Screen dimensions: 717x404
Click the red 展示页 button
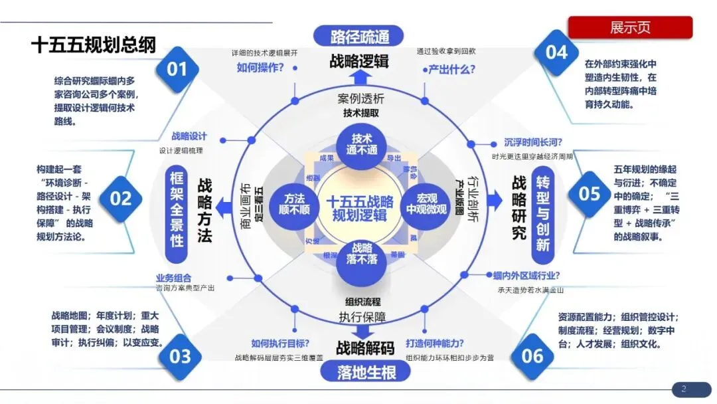[x=629, y=28]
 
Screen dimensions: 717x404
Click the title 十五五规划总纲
[x=94, y=45]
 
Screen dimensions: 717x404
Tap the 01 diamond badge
[x=177, y=68]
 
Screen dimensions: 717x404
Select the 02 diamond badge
[x=121, y=198]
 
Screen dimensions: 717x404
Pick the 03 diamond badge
[x=180, y=356]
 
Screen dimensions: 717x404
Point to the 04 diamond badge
[x=556, y=52]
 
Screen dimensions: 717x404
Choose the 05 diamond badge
[x=589, y=193]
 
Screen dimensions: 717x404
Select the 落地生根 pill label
[x=359, y=371]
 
